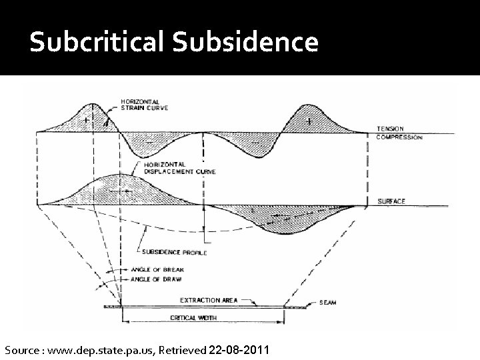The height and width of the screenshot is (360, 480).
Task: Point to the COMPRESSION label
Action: (x=401, y=137)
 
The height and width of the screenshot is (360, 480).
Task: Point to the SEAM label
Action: (x=327, y=303)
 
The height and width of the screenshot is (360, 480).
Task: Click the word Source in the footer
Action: (x=22, y=350)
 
